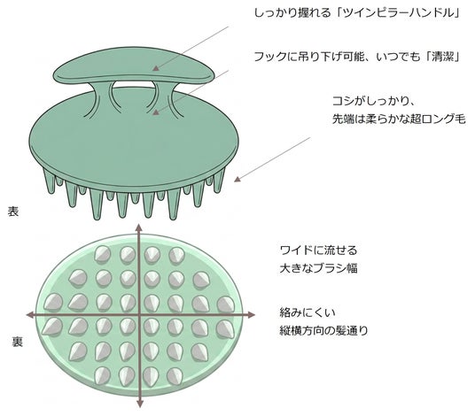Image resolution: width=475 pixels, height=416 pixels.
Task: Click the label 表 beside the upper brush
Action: click(13, 212)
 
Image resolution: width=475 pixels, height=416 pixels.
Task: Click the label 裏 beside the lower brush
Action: click(17, 342)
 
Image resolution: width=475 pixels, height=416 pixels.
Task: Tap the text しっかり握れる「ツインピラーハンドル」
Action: click(357, 13)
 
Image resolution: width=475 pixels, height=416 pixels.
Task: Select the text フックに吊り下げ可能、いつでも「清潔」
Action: click(357, 57)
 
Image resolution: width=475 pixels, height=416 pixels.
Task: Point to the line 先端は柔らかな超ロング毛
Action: click(399, 119)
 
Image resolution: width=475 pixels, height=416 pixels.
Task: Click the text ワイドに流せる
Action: click(318, 250)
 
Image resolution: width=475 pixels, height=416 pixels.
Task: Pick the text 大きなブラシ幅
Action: click(318, 268)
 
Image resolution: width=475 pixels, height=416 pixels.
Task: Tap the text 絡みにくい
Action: click(308, 312)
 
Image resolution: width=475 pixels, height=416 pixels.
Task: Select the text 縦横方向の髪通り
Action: click(323, 330)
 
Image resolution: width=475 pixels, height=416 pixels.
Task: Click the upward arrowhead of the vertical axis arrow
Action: click(139, 227)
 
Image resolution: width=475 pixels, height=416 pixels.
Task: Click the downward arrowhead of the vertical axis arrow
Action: click(140, 404)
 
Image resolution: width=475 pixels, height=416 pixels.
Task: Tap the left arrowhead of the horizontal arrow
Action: click(30, 315)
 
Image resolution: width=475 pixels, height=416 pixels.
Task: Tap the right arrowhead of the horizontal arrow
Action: click(251, 315)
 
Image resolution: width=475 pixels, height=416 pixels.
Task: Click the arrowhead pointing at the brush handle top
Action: click(156, 68)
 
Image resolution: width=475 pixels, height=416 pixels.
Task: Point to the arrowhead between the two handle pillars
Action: click(155, 112)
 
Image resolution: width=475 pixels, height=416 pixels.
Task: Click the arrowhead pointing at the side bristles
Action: click(237, 179)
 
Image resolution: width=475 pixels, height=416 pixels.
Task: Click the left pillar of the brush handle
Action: click(102, 98)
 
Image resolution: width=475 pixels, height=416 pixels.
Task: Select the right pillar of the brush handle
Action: click(165, 98)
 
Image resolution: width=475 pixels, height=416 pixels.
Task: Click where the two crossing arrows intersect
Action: click(139, 315)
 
